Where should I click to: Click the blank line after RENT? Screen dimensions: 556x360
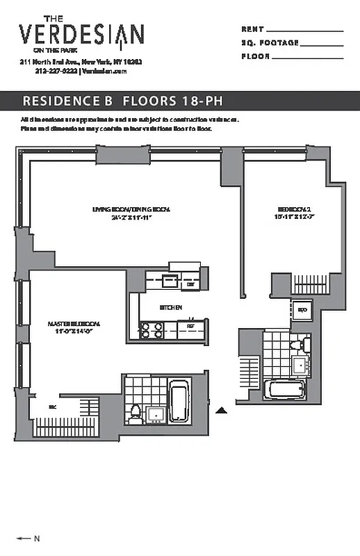tap(304, 31)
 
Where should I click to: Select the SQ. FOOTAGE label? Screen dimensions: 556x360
tap(270, 43)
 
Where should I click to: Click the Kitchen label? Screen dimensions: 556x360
tap(171, 307)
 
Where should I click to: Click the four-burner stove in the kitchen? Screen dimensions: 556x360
tap(152, 329)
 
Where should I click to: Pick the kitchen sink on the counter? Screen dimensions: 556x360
tap(168, 281)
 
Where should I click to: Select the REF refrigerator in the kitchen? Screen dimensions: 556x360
tap(190, 327)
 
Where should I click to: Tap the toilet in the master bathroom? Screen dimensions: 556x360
tap(135, 414)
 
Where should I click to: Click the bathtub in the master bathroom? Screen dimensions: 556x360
tap(178, 402)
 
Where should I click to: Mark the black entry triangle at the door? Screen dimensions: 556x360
tap(221, 411)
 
